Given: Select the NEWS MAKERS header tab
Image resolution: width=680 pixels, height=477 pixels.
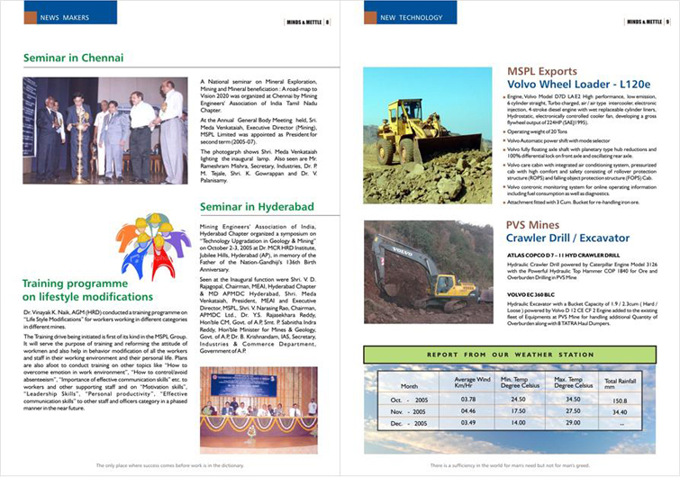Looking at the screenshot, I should [62, 17].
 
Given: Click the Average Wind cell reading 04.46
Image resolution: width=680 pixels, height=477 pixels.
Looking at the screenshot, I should [468, 410].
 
